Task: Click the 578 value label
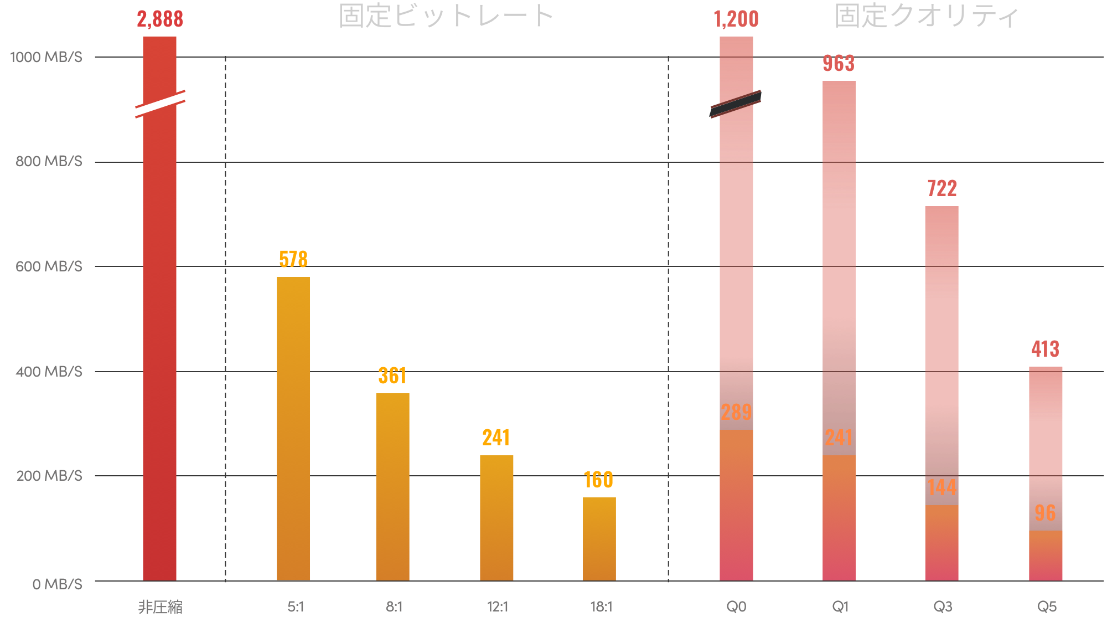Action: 293,259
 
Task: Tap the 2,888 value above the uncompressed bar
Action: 160,19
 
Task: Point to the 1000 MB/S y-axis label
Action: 46,57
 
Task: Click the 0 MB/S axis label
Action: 57,584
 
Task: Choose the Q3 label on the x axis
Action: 943,606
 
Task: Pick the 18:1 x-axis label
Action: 601,606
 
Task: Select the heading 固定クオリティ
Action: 927,16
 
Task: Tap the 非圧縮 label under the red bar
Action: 160,607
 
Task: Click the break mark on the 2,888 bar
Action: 160,104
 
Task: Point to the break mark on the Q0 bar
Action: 736,104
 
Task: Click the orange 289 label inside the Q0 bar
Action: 736,412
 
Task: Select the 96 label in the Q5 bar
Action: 1045,513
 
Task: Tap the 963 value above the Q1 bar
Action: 839,63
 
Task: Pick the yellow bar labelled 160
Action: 599,538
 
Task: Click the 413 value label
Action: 1045,349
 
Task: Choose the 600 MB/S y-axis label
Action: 49,266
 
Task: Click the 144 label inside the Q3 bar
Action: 942,487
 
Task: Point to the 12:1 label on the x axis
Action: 498,606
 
